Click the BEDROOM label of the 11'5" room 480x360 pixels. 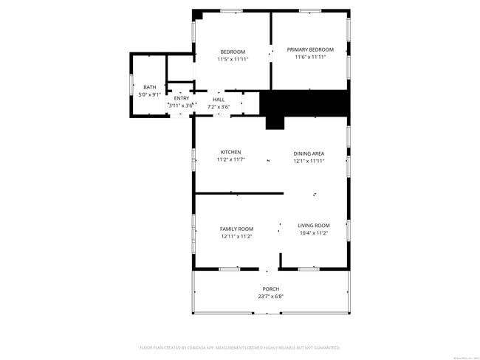point(233,52)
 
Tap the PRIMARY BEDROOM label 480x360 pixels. point(310,50)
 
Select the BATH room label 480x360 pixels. point(150,87)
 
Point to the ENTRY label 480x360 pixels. point(181,98)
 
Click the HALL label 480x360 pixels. point(219,100)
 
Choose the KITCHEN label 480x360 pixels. point(230,152)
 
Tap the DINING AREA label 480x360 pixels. point(309,153)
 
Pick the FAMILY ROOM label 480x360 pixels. point(236,229)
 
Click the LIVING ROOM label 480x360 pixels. point(313,226)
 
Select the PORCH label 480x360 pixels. point(271,289)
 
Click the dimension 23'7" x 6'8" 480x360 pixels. point(271,297)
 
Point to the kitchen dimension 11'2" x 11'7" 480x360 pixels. point(230,159)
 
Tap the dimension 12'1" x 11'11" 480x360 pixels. point(309,161)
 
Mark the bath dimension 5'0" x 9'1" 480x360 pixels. point(150,94)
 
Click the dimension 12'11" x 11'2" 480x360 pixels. point(236,236)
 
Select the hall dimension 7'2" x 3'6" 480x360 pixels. point(219,107)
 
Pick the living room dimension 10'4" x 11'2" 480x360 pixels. point(313,233)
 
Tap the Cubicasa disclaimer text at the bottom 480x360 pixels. point(239,347)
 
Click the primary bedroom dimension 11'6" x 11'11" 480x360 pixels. point(310,58)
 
